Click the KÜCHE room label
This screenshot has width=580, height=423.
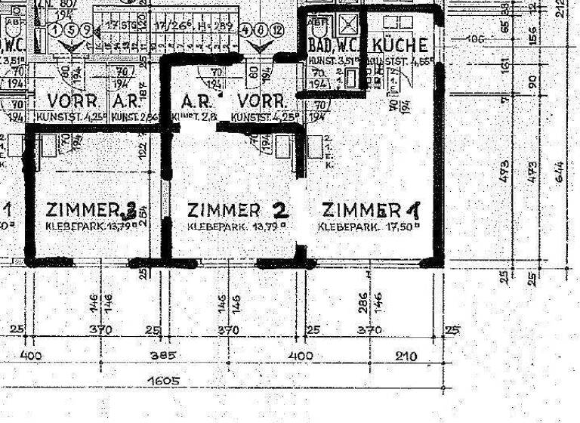tap(401, 45)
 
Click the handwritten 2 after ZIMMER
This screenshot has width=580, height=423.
tap(280, 208)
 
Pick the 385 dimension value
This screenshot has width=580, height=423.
tap(163, 355)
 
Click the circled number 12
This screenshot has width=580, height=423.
tap(277, 29)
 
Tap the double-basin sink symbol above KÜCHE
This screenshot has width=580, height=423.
tap(394, 21)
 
